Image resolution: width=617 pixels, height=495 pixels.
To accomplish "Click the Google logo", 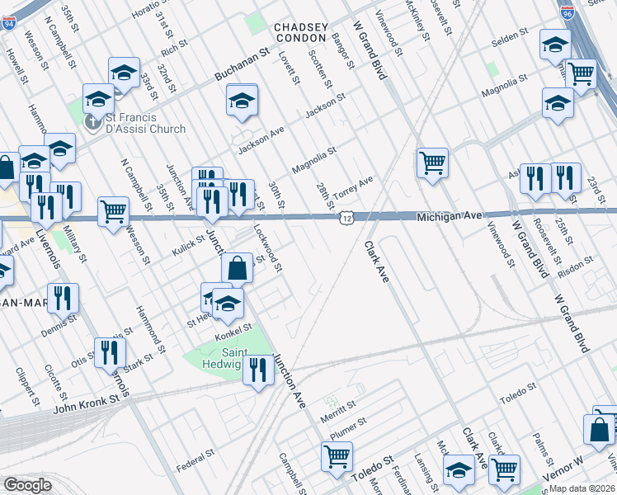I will (x=27, y=485).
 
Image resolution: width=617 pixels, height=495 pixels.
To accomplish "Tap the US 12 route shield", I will (x=346, y=216).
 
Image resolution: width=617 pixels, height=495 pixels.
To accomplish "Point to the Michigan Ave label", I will (x=449, y=215).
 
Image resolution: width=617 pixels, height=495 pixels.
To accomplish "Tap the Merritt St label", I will (x=339, y=407).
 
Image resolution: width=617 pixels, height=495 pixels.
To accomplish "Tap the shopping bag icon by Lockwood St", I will (x=237, y=267).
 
